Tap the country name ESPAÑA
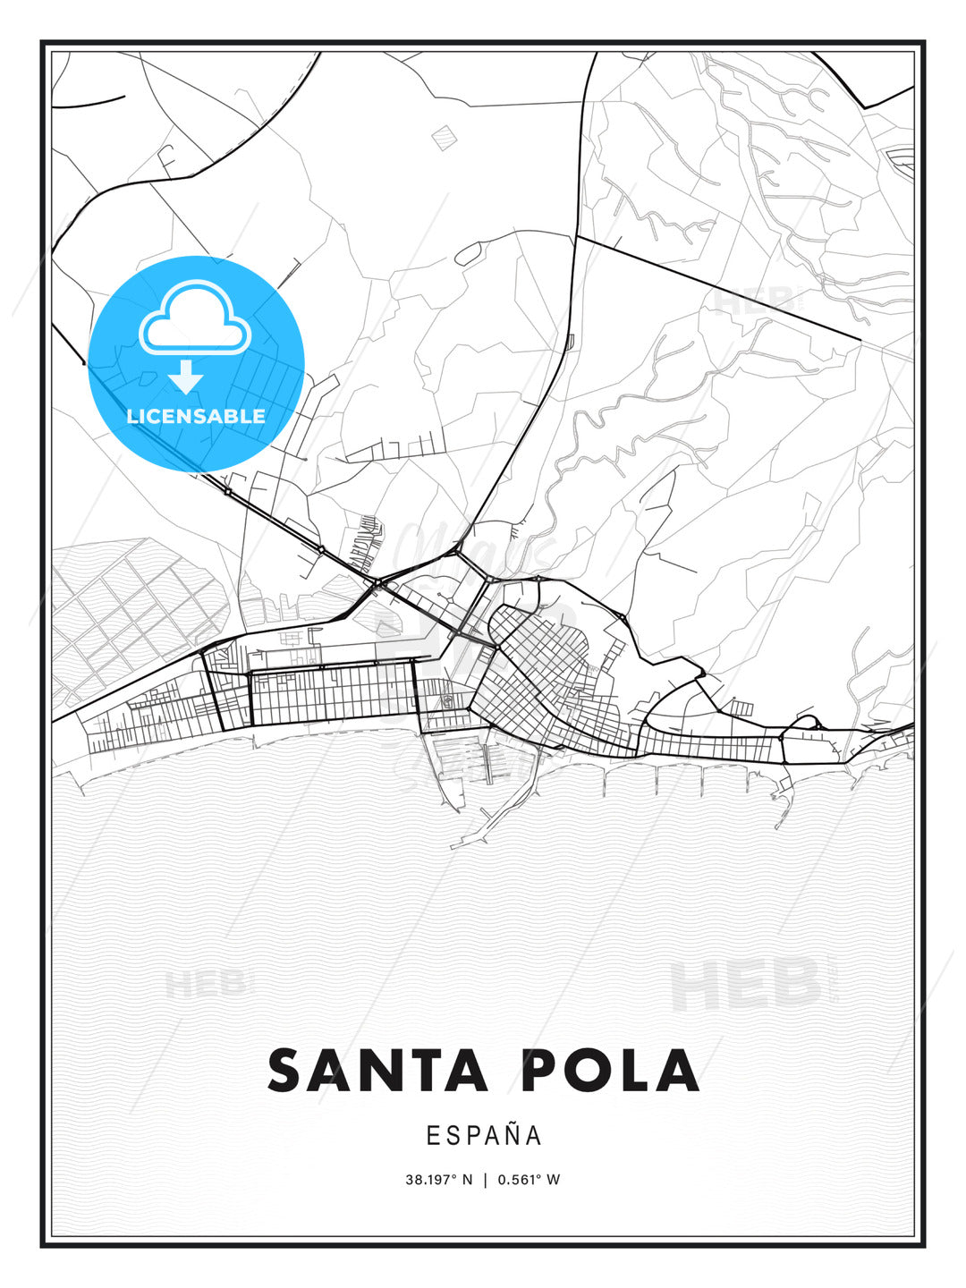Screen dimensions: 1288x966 coord(483,1136)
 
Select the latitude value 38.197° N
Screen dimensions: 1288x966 coord(438,1180)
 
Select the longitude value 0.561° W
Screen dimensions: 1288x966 coord(528,1180)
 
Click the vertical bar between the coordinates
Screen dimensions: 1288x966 coord(485,1180)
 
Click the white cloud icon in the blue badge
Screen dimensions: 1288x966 coord(191,318)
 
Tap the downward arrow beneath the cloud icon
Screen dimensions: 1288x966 coord(186,377)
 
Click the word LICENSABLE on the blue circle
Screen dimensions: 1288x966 coord(196,416)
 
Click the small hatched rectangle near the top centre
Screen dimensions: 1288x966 coord(444,136)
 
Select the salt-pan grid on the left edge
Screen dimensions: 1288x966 coord(134,617)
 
